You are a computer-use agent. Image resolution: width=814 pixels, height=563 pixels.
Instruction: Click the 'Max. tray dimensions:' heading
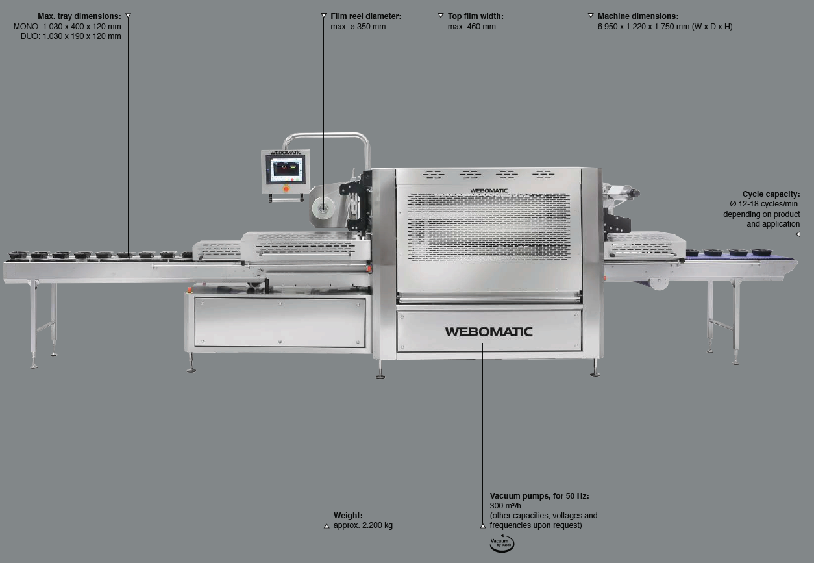(x=79, y=16)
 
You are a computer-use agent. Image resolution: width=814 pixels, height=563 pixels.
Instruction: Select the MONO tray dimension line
(x=68, y=27)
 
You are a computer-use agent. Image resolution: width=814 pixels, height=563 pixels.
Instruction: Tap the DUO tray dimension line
(x=71, y=36)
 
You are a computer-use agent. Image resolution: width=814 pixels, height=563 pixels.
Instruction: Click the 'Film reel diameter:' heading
(x=366, y=16)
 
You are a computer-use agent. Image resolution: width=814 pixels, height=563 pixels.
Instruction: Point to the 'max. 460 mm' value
(x=471, y=27)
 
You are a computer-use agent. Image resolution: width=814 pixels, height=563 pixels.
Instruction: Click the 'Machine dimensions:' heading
(x=637, y=16)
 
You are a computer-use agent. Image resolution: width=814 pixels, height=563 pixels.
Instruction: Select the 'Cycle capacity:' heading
(x=771, y=194)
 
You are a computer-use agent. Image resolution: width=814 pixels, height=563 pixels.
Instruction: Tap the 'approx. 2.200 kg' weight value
(x=363, y=525)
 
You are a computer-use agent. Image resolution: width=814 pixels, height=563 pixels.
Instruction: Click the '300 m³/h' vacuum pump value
(x=505, y=506)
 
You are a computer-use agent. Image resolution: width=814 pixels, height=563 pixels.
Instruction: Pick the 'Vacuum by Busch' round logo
(x=502, y=544)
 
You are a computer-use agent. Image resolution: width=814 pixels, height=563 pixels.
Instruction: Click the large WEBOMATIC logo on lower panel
(x=489, y=331)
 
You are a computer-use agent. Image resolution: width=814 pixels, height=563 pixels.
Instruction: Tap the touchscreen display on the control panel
(x=287, y=170)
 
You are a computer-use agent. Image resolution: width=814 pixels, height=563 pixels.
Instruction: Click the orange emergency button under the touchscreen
(x=286, y=188)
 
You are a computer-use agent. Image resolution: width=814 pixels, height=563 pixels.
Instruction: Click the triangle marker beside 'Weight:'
(x=327, y=526)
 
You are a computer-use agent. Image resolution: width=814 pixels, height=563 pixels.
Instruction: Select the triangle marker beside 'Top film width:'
(x=441, y=16)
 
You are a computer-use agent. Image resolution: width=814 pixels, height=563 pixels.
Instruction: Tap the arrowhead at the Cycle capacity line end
(x=798, y=234)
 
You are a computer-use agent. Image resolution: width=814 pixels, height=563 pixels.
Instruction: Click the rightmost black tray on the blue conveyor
(x=761, y=252)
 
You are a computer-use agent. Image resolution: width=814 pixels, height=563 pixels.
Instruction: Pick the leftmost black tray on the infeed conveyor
(x=16, y=255)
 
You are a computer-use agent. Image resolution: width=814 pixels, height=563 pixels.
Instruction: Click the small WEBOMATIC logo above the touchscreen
(x=285, y=153)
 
